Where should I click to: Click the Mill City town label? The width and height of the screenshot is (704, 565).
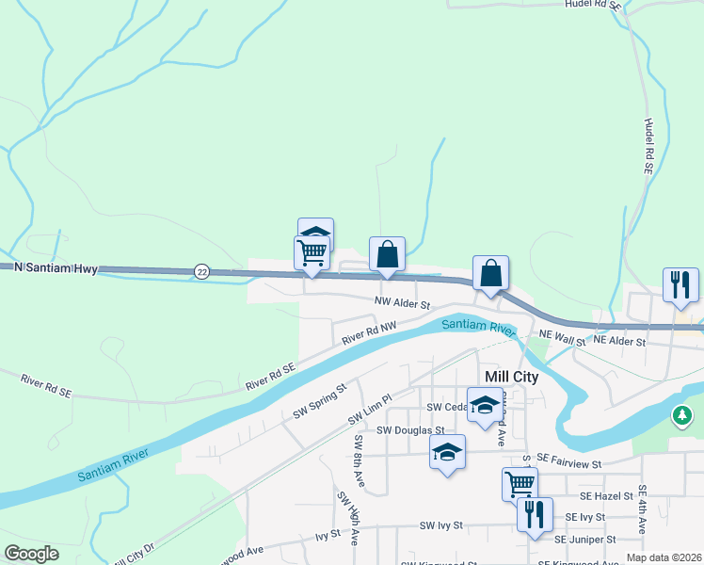click(x=511, y=377)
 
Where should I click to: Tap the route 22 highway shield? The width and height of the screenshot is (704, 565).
click(x=201, y=271)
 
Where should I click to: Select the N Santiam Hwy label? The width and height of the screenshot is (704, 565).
click(x=56, y=267)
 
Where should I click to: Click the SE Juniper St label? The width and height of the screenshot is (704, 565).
click(x=584, y=540)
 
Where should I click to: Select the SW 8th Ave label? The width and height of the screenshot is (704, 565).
click(x=359, y=463)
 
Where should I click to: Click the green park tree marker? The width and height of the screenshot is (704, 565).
click(x=682, y=414)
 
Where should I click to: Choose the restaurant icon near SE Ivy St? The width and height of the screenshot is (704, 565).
click(x=535, y=514)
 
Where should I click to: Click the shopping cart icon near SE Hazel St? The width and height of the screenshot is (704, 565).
click(x=520, y=484)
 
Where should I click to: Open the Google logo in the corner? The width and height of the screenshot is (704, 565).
click(x=31, y=554)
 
